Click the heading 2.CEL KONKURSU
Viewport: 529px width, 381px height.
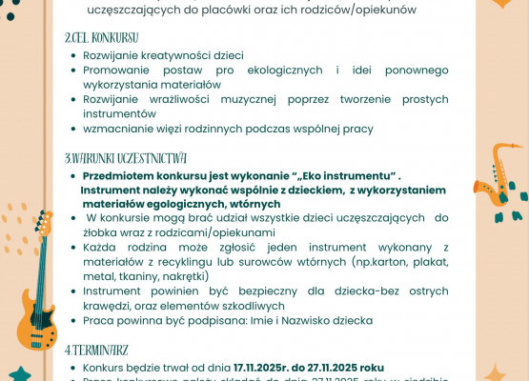(101, 38)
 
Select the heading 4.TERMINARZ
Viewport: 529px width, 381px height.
(97, 350)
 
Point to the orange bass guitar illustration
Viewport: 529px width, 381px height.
(38, 276)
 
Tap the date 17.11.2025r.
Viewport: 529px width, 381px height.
(266, 367)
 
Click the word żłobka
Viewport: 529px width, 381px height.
(101, 232)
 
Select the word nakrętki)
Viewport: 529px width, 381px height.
(182, 276)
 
